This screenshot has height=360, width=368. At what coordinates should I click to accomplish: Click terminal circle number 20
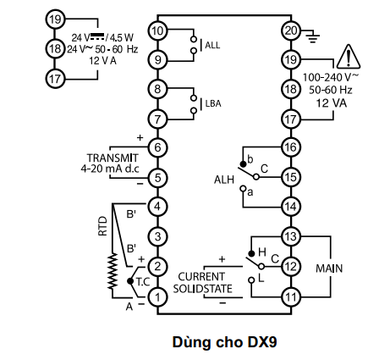coord(291,30)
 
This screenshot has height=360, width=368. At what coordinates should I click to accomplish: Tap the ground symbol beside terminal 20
coord(313,37)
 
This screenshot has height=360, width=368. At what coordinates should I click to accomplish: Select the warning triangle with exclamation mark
coord(349,57)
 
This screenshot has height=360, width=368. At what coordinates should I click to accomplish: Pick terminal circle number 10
coord(157,30)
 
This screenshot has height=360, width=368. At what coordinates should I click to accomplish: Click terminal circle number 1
coord(157,296)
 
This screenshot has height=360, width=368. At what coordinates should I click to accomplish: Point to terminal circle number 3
coord(157,236)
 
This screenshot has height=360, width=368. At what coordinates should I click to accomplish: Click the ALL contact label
coord(212,45)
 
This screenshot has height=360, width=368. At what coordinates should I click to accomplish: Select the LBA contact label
coord(213,103)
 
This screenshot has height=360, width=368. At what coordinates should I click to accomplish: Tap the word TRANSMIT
coord(113,158)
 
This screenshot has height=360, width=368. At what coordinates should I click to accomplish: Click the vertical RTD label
coord(103,226)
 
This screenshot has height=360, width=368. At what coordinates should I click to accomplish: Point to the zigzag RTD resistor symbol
coord(113,271)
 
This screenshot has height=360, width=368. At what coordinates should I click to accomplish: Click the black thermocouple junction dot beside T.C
coord(130,281)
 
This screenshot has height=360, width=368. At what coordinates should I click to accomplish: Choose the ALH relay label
coord(224,180)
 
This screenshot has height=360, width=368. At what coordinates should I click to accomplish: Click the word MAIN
coord(329,269)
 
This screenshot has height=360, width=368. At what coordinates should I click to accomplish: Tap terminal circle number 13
coord(291,236)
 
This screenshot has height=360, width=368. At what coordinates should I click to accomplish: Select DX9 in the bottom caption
coord(262,342)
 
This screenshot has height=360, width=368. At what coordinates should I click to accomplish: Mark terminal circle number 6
coord(157,147)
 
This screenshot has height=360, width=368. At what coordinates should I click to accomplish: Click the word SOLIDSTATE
coord(203,289)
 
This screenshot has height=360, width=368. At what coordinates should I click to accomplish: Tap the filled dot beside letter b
coord(243,164)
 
